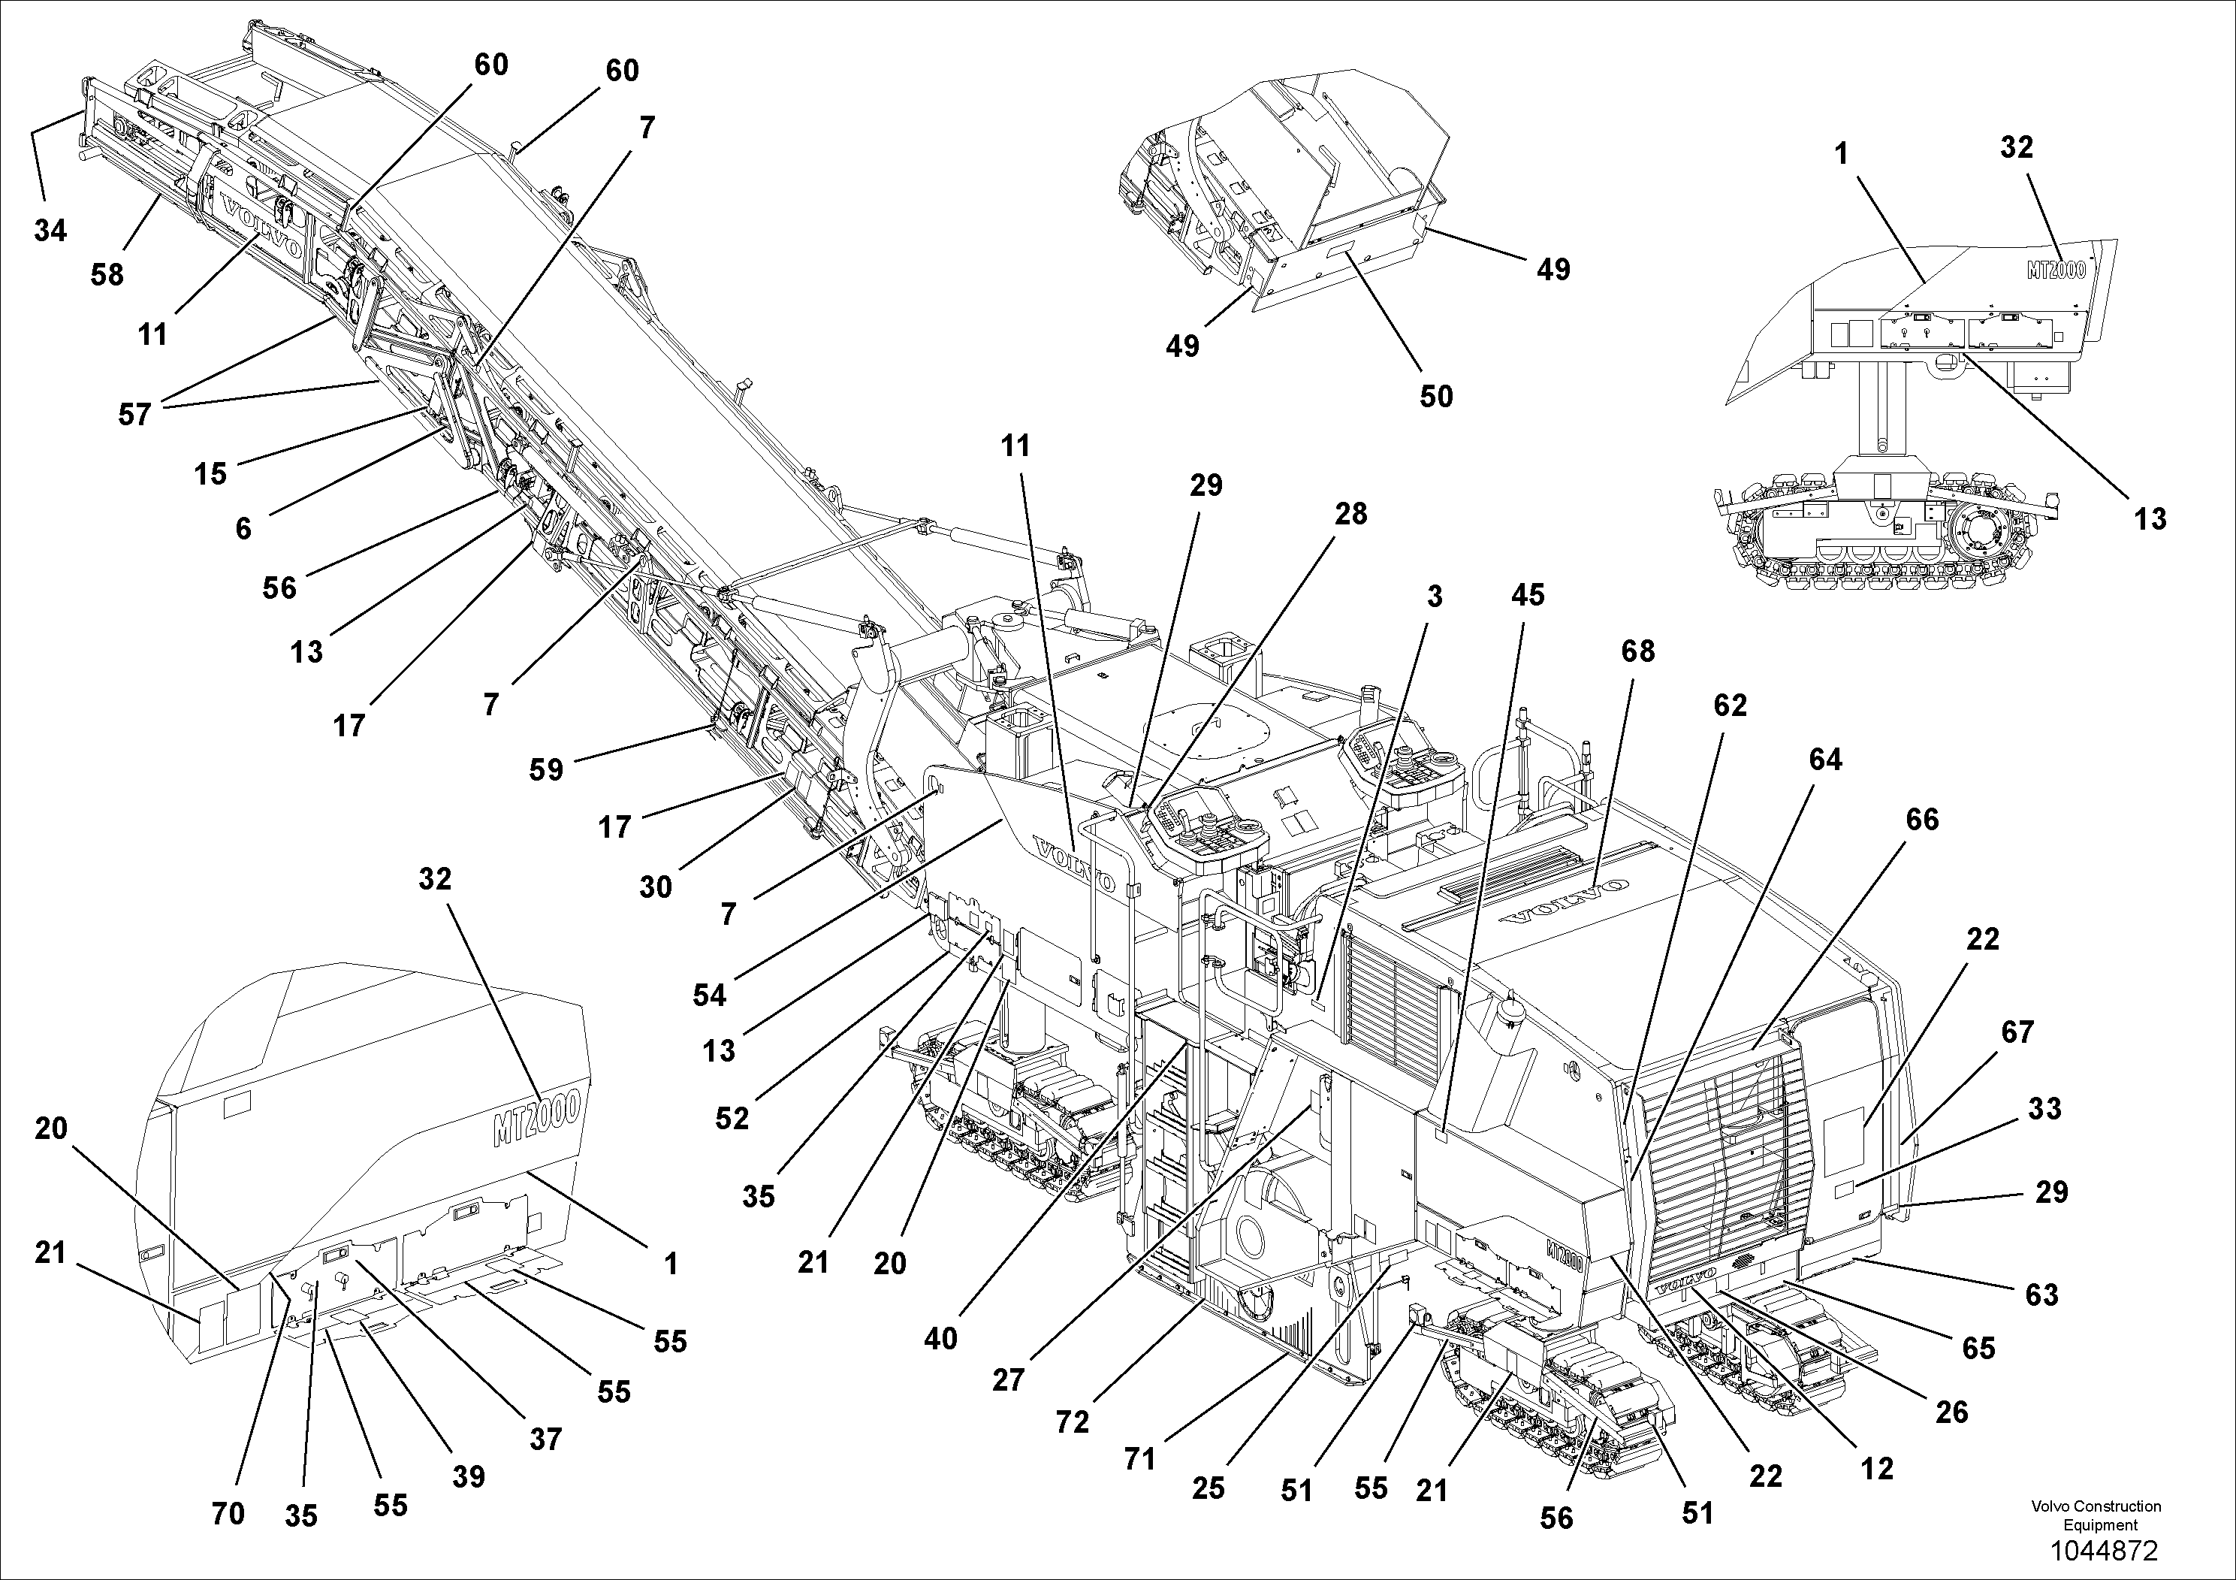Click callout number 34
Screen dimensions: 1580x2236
(x=50, y=231)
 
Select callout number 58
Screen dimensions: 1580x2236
(x=107, y=275)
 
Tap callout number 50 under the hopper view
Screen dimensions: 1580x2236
(x=1436, y=397)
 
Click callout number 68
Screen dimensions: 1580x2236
(x=1637, y=651)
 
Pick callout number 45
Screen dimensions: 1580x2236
(x=1527, y=594)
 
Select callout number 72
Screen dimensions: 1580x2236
(x=1073, y=1423)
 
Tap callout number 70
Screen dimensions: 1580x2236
(x=228, y=1514)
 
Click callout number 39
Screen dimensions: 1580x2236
(x=469, y=1477)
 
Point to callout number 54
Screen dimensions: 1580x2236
(x=710, y=995)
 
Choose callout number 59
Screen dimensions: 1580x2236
(x=546, y=769)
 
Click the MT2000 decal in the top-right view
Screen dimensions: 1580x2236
(x=2056, y=270)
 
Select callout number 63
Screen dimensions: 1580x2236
(x=2041, y=1295)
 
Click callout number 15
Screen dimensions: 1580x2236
(x=210, y=474)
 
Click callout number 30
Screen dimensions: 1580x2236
(x=656, y=887)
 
